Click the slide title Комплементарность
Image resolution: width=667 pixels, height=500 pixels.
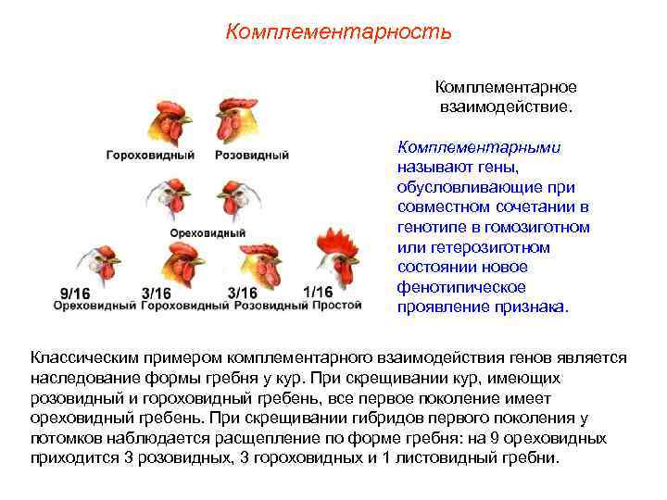[338, 32]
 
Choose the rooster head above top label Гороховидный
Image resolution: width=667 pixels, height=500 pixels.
[167, 120]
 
